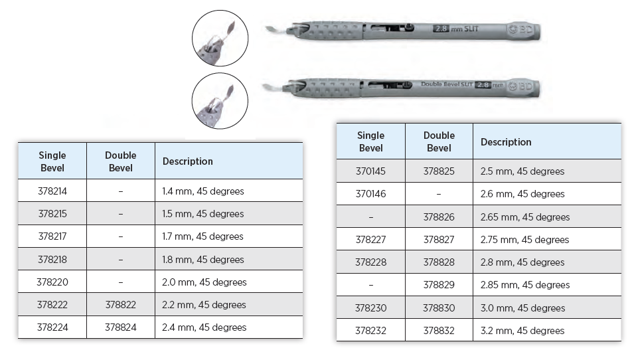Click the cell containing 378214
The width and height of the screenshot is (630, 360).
pos(52,191)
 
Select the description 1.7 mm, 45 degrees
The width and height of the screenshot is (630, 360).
pos(203,236)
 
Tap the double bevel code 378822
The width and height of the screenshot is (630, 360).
pos(121,305)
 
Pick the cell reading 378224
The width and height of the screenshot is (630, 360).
pos(52,327)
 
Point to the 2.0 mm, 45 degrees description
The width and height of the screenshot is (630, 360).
pos(204,282)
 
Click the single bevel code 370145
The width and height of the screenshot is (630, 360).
pos(370,171)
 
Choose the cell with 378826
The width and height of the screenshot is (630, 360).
pos(439,217)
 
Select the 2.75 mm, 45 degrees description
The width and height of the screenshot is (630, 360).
pos(524,240)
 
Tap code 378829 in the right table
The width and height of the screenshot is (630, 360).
pos(439,285)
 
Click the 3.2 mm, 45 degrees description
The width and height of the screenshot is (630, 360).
pos(522,331)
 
